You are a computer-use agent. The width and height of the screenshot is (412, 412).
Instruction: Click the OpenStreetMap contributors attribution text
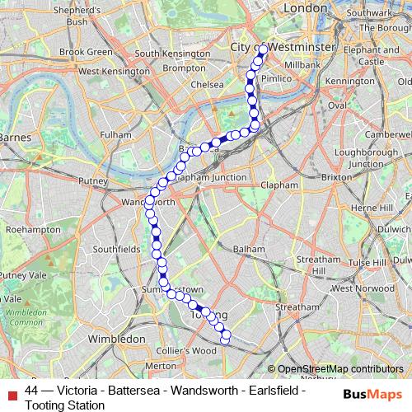click(x=340, y=369)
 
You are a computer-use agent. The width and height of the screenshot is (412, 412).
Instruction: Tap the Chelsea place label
click(x=207, y=84)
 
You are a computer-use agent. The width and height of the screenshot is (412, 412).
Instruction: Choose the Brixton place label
click(x=335, y=177)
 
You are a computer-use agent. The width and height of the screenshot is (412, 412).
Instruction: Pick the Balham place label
click(x=249, y=248)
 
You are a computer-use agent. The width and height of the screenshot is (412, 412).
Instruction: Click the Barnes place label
click(x=14, y=136)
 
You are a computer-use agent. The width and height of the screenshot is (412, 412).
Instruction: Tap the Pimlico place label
click(x=276, y=77)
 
